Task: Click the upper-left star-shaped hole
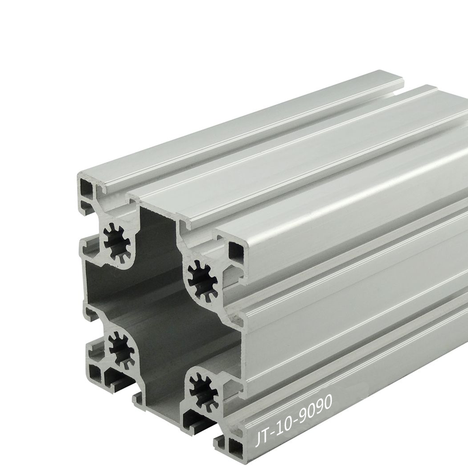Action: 118,243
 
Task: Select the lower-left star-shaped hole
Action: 122,350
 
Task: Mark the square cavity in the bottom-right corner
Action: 235,450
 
